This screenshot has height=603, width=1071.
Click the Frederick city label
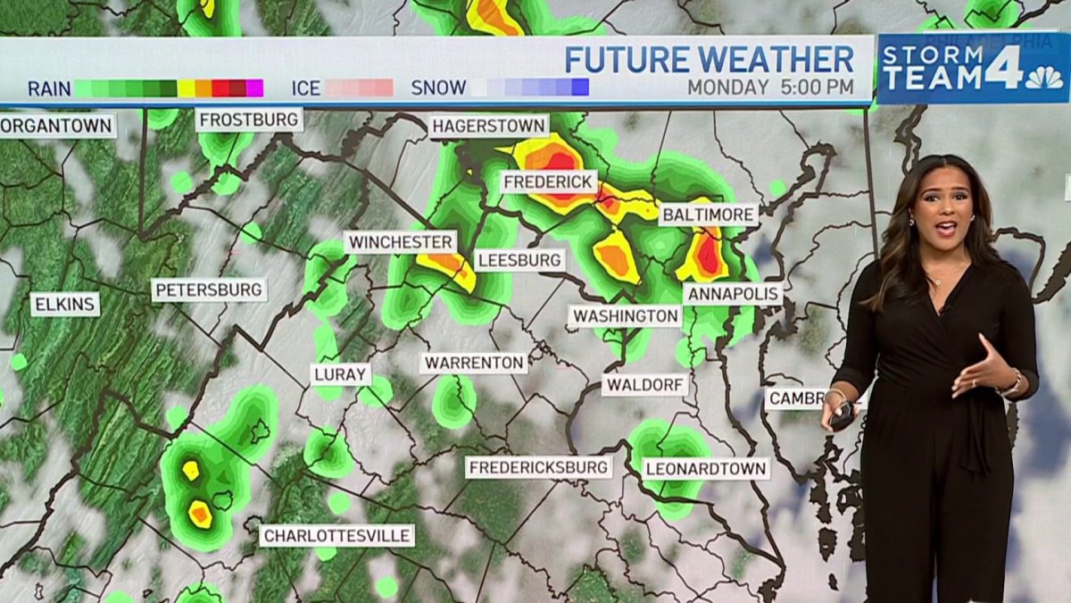(549, 182)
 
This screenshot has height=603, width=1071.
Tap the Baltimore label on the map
(709, 214)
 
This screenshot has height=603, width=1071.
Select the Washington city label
(625, 316)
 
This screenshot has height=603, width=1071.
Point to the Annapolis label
(733, 294)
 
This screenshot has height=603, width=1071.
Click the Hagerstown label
(488, 126)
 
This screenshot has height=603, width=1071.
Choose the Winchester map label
(401, 242)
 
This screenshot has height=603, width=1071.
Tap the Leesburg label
(519, 260)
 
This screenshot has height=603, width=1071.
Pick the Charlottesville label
(337, 536)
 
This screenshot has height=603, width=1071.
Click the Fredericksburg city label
(539, 467)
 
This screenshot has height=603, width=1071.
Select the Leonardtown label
(705, 468)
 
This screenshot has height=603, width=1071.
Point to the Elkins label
(66, 305)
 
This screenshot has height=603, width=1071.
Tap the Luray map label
(341, 374)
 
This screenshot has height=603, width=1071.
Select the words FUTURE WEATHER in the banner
(709, 59)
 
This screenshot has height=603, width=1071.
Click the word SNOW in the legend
(438, 88)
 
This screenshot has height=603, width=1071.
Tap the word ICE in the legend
(305, 88)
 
